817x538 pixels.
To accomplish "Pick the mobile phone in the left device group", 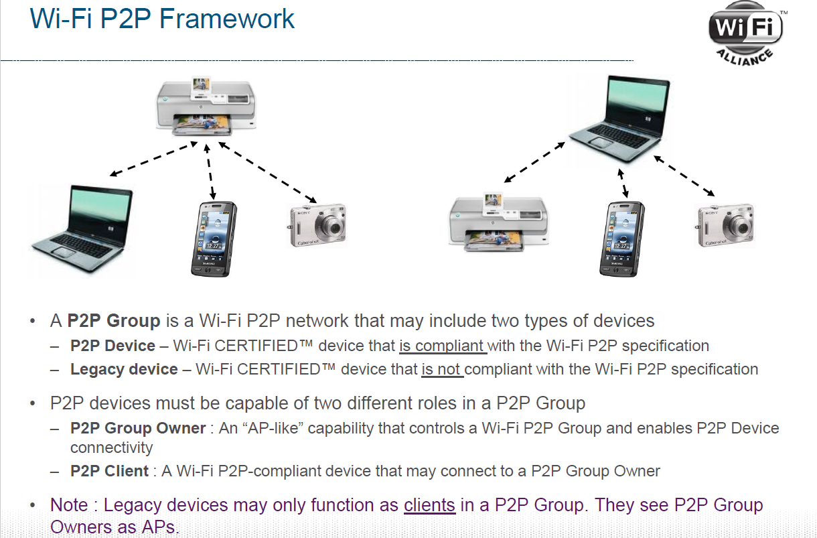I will (x=214, y=239).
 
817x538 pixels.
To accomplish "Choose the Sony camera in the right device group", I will (x=725, y=226).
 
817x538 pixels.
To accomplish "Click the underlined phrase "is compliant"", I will (x=442, y=346).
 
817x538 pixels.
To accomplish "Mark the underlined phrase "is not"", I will (x=442, y=370).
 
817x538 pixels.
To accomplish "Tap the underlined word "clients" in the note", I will (x=429, y=505).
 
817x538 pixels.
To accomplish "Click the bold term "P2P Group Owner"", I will (x=138, y=429).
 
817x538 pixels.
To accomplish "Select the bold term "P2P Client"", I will (x=109, y=472).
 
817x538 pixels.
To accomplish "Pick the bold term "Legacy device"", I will (x=124, y=370).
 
